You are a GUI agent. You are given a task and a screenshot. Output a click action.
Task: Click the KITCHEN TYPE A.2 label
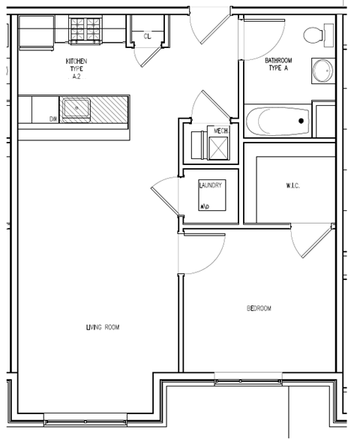pyautogui.click(x=76, y=68)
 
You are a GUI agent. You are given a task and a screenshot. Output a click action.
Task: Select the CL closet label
pyautogui.click(x=147, y=35)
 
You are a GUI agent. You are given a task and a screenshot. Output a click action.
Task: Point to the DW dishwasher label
pyautogui.click(x=53, y=119)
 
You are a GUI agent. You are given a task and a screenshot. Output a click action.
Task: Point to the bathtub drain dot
pyautogui.click(x=301, y=120)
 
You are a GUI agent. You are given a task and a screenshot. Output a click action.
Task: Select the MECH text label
pyautogui.click(x=220, y=131)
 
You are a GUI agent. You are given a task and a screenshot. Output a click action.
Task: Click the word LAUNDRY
pyautogui.click(x=211, y=185)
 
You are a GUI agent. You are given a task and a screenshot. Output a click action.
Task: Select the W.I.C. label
pyautogui.click(x=292, y=186)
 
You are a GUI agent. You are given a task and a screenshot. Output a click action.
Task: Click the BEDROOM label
pyautogui.click(x=259, y=308)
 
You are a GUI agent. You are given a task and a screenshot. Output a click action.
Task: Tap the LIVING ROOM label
pyautogui.click(x=103, y=327)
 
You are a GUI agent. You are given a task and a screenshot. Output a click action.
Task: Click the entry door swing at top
pyautogui.click(x=208, y=26)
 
